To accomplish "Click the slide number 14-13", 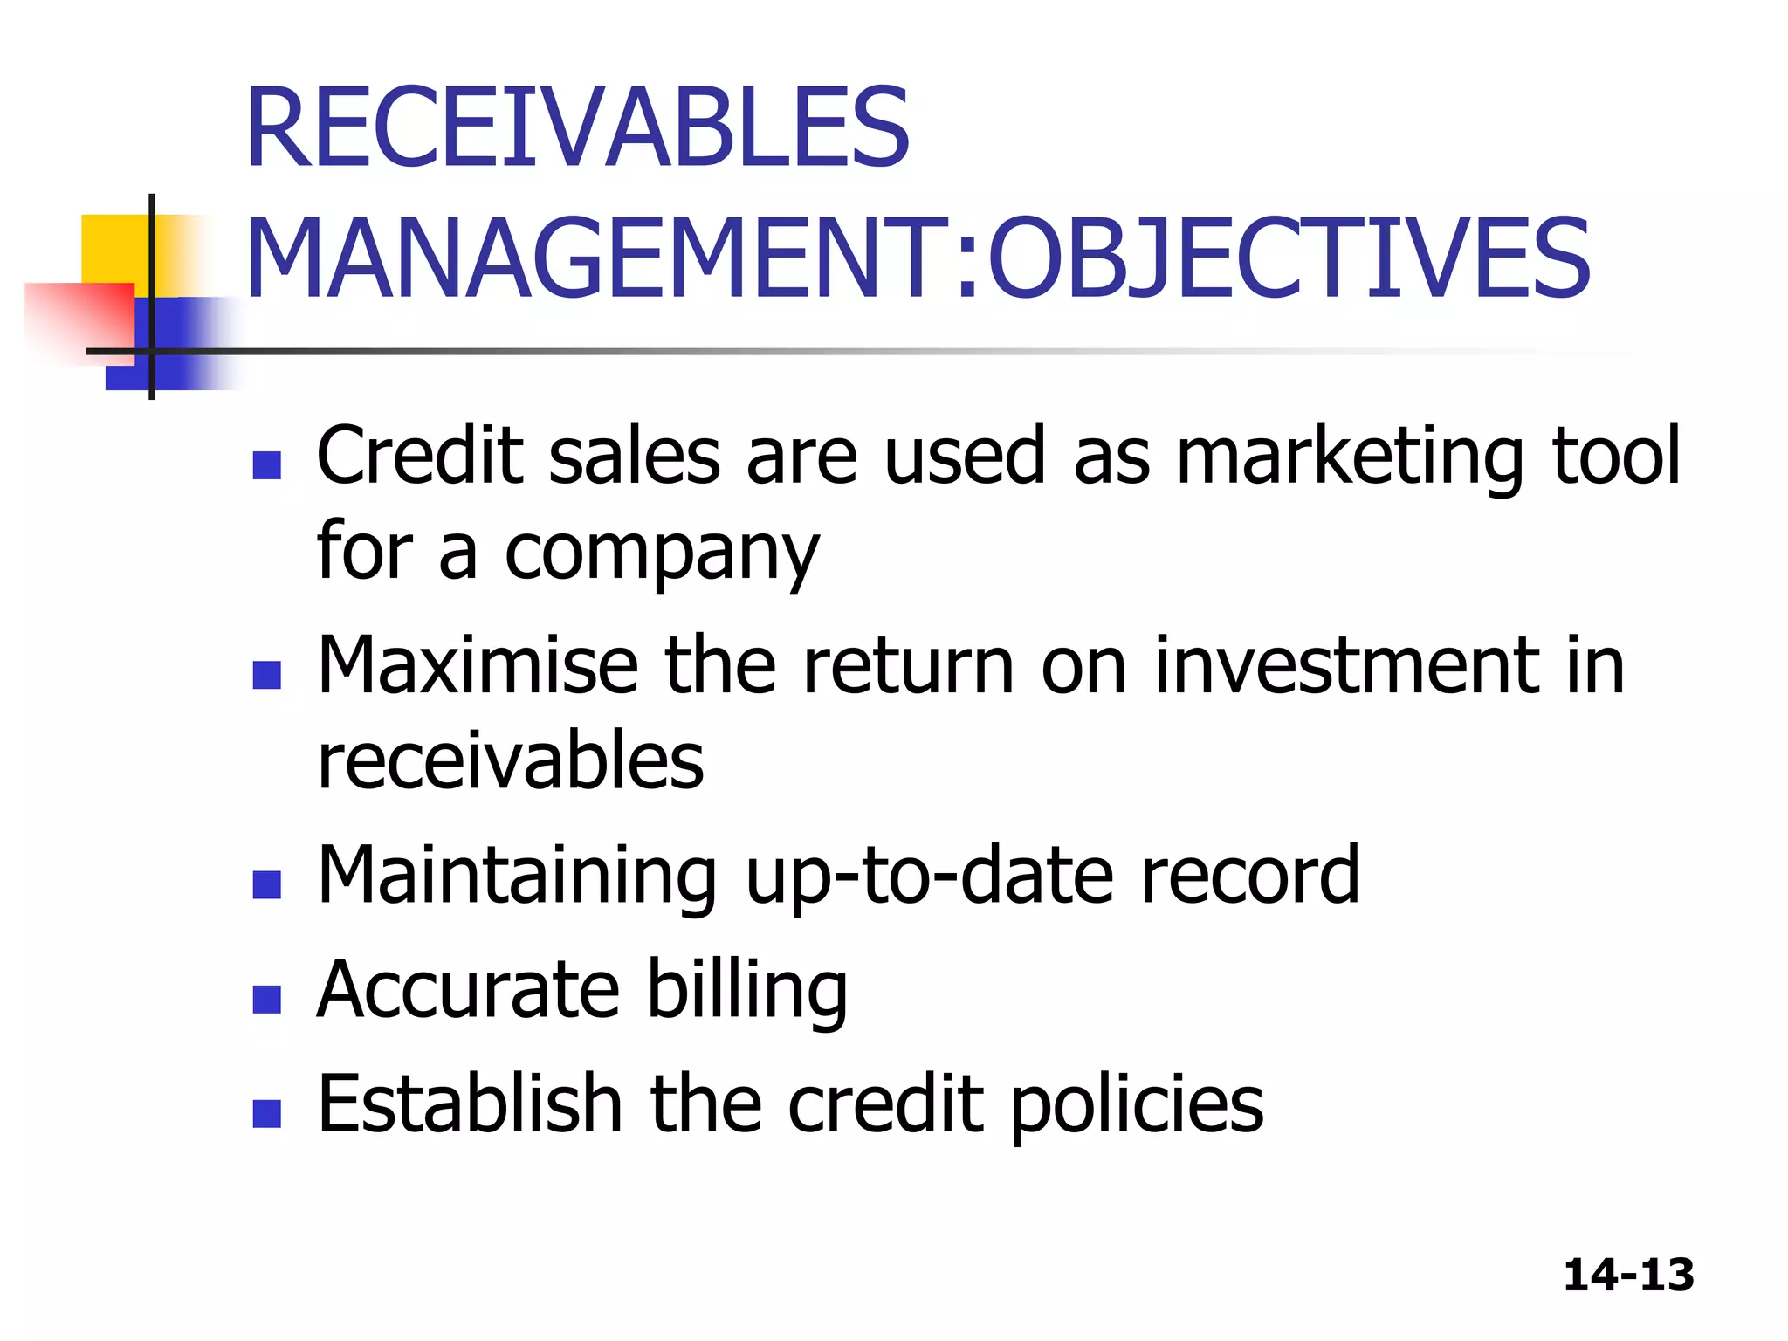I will (1628, 1275).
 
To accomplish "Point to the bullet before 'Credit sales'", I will (266, 465).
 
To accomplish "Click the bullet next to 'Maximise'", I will (266, 675).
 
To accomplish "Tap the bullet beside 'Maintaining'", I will (266, 884).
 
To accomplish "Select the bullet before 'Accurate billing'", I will (266, 999).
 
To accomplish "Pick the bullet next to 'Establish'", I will (266, 1113).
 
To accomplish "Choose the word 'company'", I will (662, 554).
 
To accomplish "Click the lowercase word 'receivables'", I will (511, 761).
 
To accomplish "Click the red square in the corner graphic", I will (79, 319).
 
